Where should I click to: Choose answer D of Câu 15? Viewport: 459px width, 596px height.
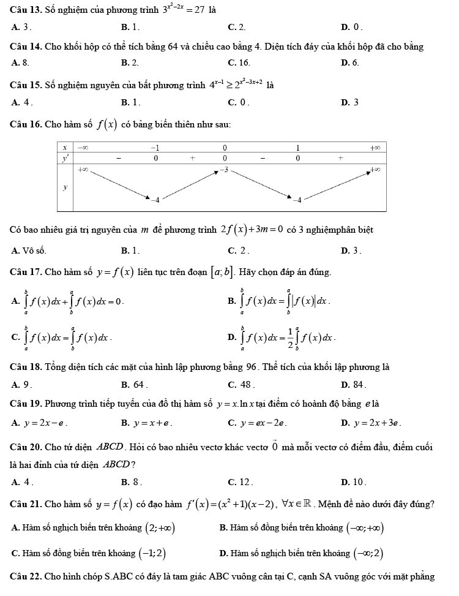(x=350, y=102)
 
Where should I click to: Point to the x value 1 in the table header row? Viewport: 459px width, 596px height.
(x=297, y=148)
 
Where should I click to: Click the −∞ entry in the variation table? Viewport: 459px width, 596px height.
(x=81, y=148)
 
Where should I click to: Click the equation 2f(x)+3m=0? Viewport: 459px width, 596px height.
(x=252, y=230)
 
